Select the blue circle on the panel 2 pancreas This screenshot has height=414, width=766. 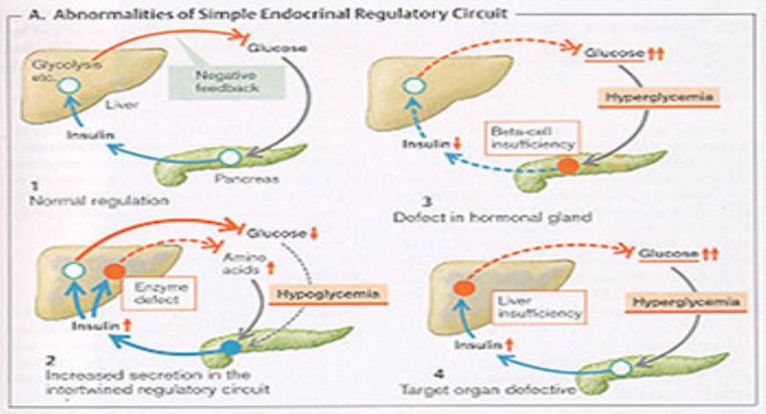(x=229, y=347)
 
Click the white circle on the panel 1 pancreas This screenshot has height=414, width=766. (x=230, y=159)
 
